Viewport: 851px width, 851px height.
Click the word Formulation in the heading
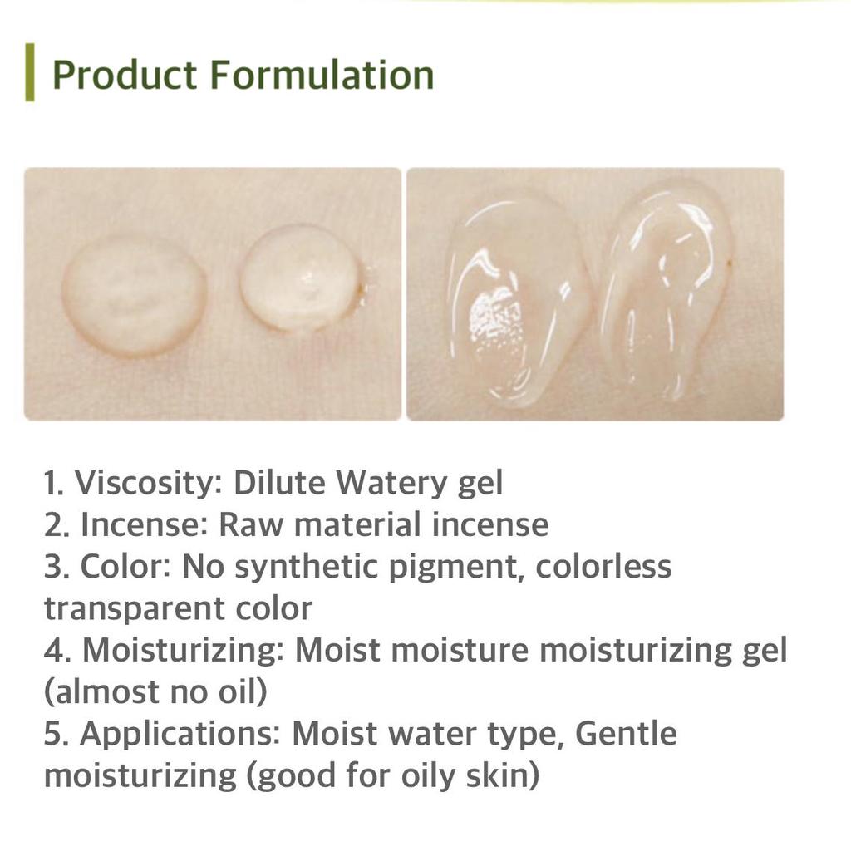coord(321,75)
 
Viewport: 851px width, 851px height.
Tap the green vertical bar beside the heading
coord(30,73)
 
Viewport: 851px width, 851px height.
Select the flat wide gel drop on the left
coord(135,295)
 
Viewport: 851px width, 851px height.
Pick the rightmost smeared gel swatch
coord(665,287)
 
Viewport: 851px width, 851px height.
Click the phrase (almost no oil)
coord(155,691)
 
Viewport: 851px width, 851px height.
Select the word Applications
coord(180,734)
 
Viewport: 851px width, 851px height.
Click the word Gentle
coord(625,734)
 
